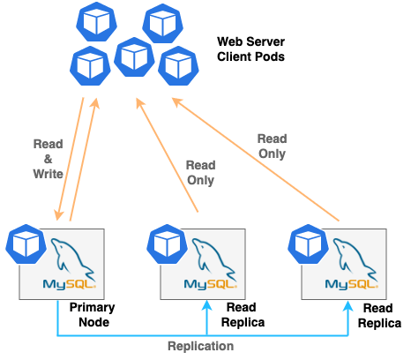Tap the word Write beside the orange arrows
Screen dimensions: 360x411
coord(48,175)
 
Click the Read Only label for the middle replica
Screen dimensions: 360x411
coord(201,171)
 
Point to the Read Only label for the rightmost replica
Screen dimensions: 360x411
coord(272,146)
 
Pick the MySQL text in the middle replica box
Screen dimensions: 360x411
coord(204,284)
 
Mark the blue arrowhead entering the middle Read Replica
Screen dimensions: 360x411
coord(206,305)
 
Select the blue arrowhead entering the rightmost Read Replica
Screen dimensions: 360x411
coord(349,305)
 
